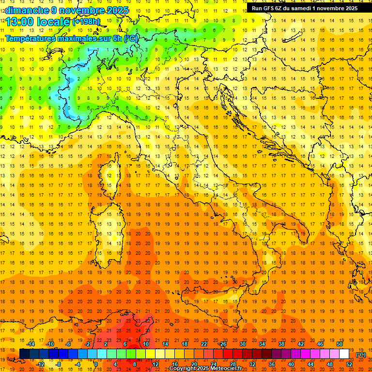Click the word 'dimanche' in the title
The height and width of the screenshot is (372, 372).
(x=24, y=10)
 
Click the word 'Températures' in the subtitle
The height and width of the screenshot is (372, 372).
(x=31, y=38)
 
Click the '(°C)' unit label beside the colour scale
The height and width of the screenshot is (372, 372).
(x=361, y=354)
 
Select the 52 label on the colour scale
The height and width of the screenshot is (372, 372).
(x=349, y=364)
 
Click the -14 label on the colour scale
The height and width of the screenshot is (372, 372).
(x=31, y=344)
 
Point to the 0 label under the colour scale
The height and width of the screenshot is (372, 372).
(x=95, y=364)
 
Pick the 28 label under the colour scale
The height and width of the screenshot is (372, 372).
(x=232, y=364)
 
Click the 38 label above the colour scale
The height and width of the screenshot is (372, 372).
(x=281, y=344)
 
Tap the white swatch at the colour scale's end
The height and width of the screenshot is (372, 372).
(x=344, y=354)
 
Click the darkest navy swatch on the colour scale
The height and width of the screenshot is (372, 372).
(x=24, y=354)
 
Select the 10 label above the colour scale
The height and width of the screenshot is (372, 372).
(x=145, y=344)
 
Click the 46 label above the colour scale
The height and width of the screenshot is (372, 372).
(x=320, y=344)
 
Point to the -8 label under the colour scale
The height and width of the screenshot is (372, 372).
(x=59, y=364)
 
